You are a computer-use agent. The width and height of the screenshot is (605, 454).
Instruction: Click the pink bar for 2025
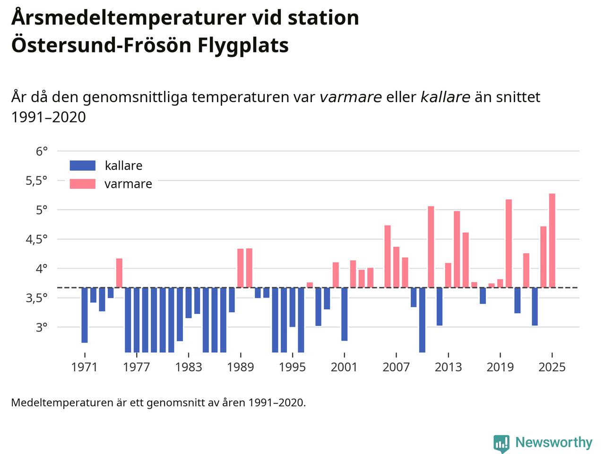tap(552, 240)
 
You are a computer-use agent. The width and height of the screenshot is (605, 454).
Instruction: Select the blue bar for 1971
tap(85, 314)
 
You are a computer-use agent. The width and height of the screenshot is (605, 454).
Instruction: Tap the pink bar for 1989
tap(241, 268)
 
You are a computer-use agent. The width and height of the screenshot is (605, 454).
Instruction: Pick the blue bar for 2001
tap(345, 314)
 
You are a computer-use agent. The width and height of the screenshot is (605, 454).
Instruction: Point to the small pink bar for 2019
tap(500, 283)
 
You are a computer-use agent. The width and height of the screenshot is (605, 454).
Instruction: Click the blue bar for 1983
tap(189, 303)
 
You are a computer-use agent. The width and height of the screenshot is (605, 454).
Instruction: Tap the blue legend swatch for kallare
tap(83, 166)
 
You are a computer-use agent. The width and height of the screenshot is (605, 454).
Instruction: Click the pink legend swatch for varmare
tap(83, 184)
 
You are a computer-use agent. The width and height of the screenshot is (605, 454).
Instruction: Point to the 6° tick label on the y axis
tap(42, 151)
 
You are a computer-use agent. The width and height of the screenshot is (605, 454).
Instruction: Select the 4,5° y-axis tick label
tap(36, 239)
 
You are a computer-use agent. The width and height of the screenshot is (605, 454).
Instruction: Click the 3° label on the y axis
tap(42, 327)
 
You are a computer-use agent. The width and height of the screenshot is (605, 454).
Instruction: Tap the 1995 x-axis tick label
tap(292, 367)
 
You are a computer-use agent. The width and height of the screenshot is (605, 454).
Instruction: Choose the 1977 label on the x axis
tap(137, 367)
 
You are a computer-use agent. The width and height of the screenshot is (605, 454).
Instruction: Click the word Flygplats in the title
tap(242, 45)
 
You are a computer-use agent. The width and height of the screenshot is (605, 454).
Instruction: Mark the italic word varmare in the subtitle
tap(351, 97)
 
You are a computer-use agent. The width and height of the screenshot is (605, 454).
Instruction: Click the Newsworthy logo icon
tap(501, 444)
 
